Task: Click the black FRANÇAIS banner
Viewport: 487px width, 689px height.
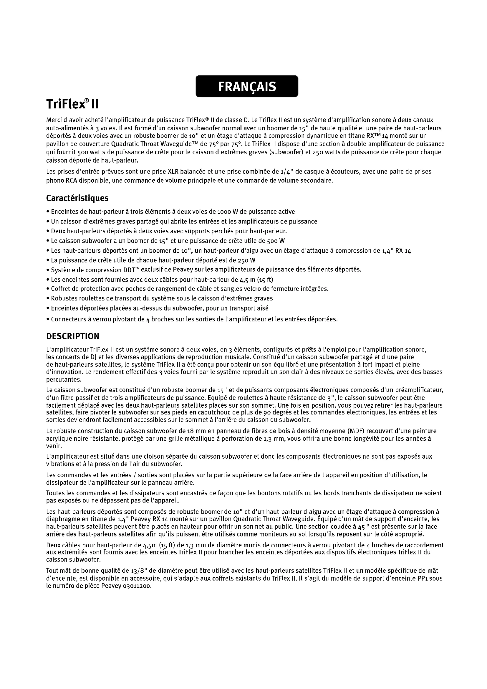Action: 247,86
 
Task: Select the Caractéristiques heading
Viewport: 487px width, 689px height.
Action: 77,198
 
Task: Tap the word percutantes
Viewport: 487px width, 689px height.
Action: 60,380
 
